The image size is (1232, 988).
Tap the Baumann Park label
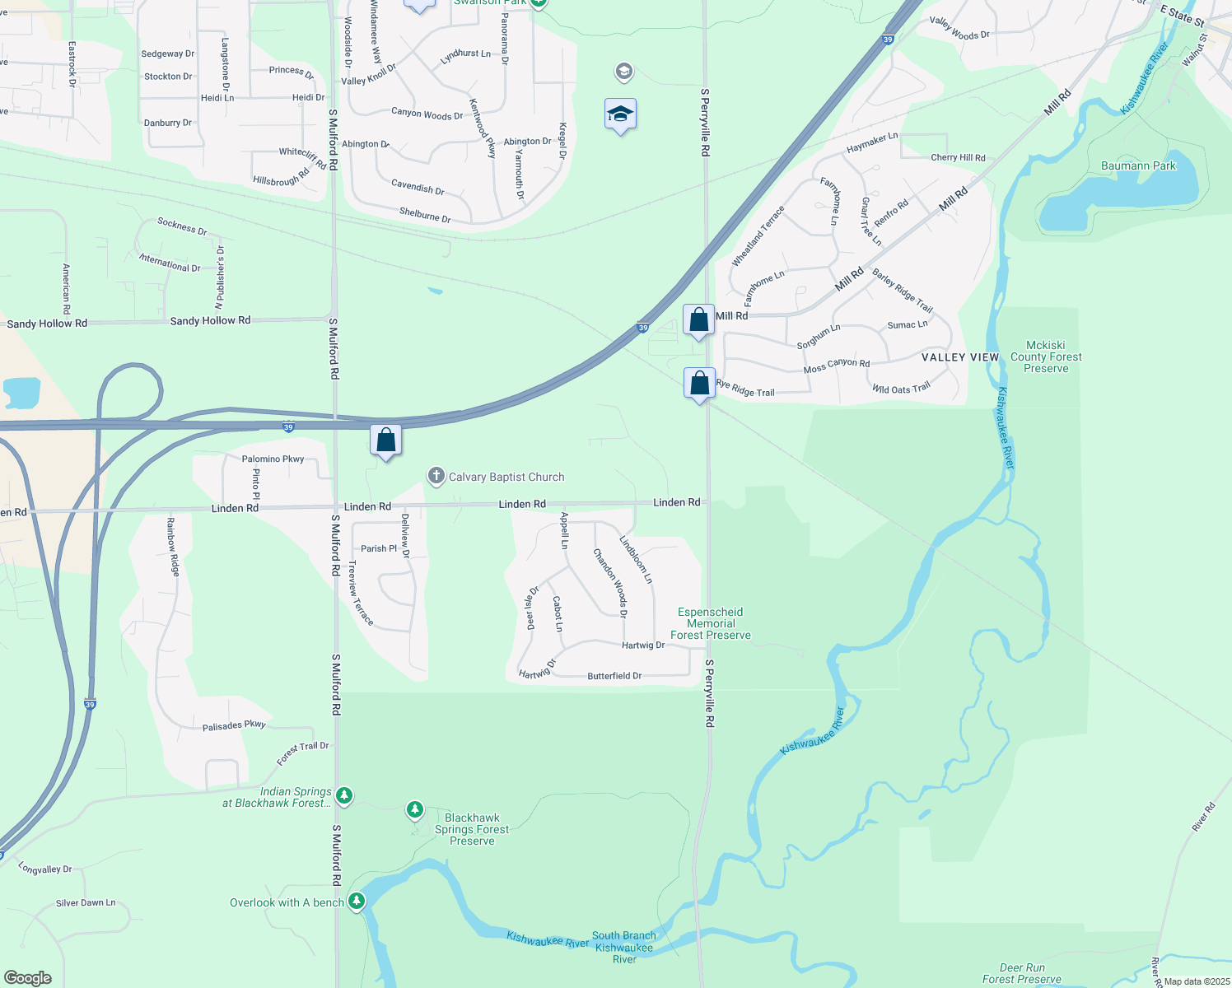tap(1138, 165)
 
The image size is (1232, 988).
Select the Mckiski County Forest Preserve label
tap(1046, 357)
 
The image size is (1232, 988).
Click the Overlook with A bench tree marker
tap(356, 902)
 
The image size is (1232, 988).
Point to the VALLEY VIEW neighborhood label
tap(960, 357)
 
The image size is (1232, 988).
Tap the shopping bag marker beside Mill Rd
tap(698, 319)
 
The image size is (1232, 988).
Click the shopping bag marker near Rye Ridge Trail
tap(699, 383)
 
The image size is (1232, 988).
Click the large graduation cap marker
tap(620, 114)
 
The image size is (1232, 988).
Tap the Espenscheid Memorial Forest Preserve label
tap(710, 623)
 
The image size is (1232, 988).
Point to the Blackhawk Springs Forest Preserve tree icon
tap(415, 810)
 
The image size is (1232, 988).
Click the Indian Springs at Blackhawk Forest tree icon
tap(344, 795)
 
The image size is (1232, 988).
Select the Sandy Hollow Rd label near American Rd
tap(47, 324)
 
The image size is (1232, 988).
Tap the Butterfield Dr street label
tap(614, 676)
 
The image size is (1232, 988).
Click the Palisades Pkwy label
tap(234, 725)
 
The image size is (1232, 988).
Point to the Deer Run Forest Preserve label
tap(1022, 973)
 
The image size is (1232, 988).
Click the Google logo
tap(28, 978)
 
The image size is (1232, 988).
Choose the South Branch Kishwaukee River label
tap(624, 947)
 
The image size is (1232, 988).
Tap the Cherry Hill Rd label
tap(958, 157)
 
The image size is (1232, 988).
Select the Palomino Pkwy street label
tap(273, 459)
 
